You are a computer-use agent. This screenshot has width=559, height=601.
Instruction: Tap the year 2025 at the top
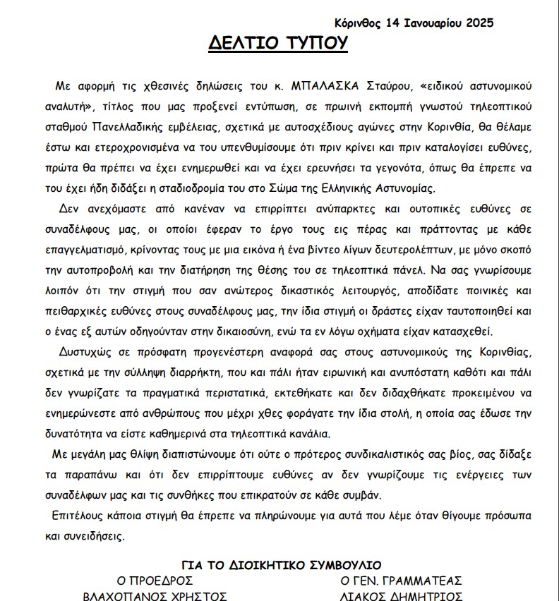tap(479, 23)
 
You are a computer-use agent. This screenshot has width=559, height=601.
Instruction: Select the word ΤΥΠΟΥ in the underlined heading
tap(315, 44)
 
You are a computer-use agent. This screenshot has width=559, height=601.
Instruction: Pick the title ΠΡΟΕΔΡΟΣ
tap(164, 581)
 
